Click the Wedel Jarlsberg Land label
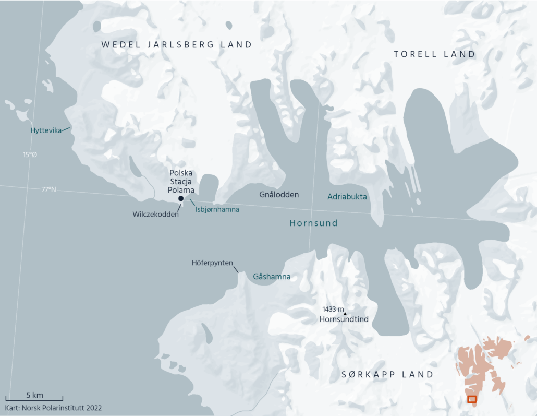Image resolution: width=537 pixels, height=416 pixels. click(x=177, y=45)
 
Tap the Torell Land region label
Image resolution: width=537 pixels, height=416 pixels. click(x=434, y=54)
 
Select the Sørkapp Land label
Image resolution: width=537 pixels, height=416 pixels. click(x=387, y=375)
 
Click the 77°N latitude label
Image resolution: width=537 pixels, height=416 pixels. click(x=49, y=189)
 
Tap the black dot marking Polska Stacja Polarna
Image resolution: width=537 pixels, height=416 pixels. click(x=181, y=198)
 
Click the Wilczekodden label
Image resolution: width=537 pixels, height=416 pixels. click(x=155, y=214)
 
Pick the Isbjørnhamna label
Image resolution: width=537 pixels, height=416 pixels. click(x=217, y=209)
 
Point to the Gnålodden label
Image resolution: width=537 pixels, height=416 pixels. click(x=279, y=195)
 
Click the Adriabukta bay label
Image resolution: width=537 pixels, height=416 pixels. click(x=347, y=197)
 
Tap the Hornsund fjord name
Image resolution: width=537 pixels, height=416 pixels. click(x=313, y=223)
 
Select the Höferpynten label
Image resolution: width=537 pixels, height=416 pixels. click(x=213, y=263)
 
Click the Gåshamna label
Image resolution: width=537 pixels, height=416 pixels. click(x=272, y=276)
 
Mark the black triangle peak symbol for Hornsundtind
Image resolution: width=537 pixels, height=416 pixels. click(x=345, y=313)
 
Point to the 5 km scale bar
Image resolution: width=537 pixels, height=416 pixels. click(x=34, y=399)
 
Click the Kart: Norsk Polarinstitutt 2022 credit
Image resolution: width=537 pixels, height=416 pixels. click(x=53, y=408)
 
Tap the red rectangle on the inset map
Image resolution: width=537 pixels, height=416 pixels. click(x=472, y=399)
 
